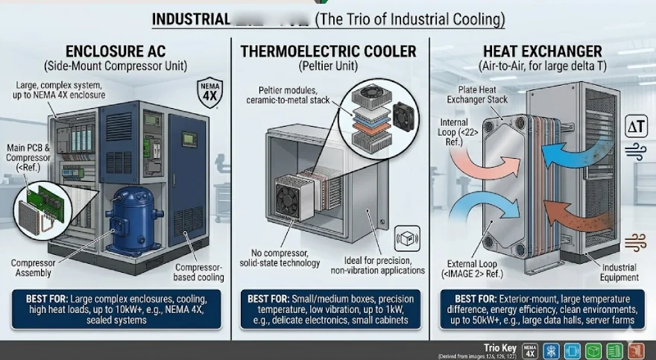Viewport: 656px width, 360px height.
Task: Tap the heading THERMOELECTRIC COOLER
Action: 327,51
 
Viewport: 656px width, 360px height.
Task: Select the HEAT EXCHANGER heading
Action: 542,51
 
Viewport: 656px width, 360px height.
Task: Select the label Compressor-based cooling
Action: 199,273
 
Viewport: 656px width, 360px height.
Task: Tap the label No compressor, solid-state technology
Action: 280,258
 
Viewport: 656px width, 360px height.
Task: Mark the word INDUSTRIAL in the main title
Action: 192,19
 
